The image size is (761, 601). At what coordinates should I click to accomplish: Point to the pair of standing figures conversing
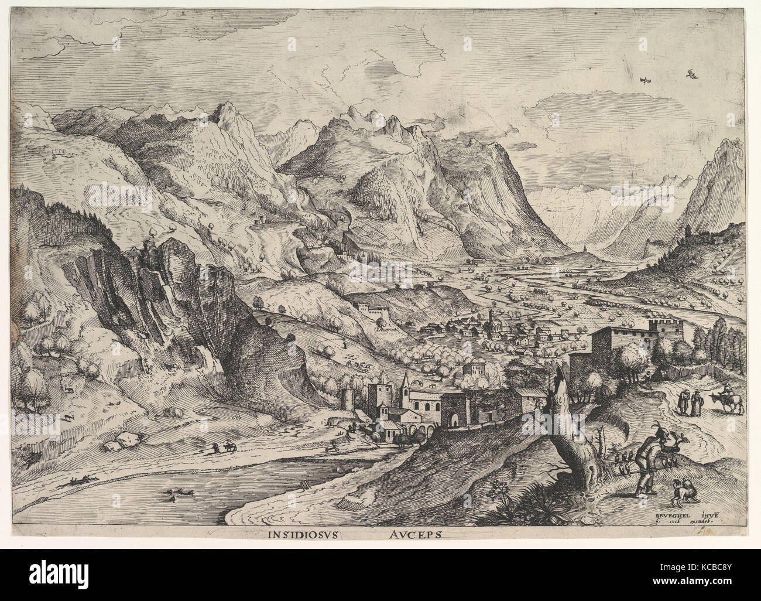[x=688, y=404]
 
